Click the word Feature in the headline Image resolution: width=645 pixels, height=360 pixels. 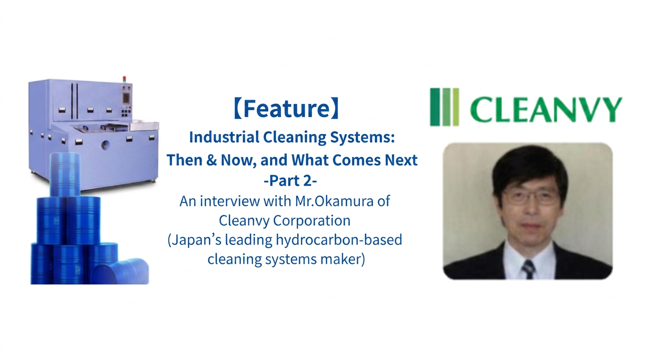coord(286,108)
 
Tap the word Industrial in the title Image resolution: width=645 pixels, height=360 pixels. coord(224,137)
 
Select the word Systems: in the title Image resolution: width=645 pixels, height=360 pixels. coord(362,138)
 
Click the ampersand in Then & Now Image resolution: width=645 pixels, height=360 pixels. coord(211,160)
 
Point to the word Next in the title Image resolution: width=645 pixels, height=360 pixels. coord(401,160)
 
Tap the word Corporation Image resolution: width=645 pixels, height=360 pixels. coord(312,221)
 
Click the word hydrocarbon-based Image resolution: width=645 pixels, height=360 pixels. coord(338,240)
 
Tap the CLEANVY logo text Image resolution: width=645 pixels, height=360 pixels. coord(546,109)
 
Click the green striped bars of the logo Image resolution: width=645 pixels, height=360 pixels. coord(444,107)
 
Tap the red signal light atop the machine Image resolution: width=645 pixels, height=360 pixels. coord(124,78)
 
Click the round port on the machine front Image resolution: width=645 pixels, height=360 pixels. coord(105,145)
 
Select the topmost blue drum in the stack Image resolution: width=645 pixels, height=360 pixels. coord(65,175)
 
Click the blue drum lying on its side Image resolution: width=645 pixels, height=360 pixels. coord(120,271)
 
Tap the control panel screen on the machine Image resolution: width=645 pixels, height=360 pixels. coord(126,97)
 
